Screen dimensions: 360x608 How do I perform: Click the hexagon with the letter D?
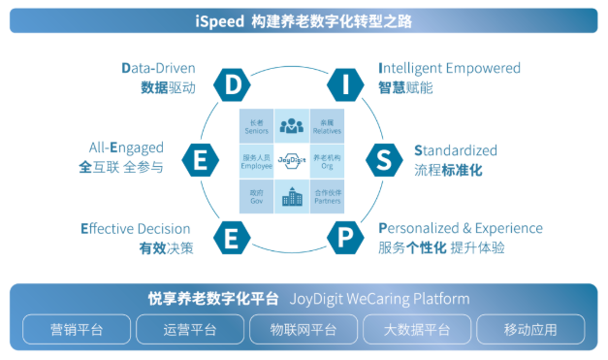click(233, 84)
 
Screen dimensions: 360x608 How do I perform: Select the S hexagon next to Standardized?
click(384, 159)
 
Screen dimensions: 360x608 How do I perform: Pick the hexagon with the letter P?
click(346, 236)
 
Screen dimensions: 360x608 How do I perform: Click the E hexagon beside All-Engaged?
click(199, 159)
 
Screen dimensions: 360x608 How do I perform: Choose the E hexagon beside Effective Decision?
click(232, 236)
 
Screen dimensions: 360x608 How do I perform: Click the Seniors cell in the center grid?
click(257, 125)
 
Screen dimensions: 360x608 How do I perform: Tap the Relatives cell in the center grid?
click(327, 125)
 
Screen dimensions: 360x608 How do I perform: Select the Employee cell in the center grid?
click(257, 160)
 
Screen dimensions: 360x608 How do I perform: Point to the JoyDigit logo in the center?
click(291, 159)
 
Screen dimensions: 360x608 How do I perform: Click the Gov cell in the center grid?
click(257, 197)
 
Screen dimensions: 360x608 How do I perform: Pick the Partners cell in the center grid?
click(327, 197)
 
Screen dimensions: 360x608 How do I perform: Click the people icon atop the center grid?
click(291, 125)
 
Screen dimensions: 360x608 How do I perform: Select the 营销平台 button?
click(77, 329)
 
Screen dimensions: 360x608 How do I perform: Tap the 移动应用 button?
click(530, 329)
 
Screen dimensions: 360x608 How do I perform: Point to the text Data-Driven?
click(158, 68)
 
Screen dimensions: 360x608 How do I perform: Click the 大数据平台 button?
click(417, 329)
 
